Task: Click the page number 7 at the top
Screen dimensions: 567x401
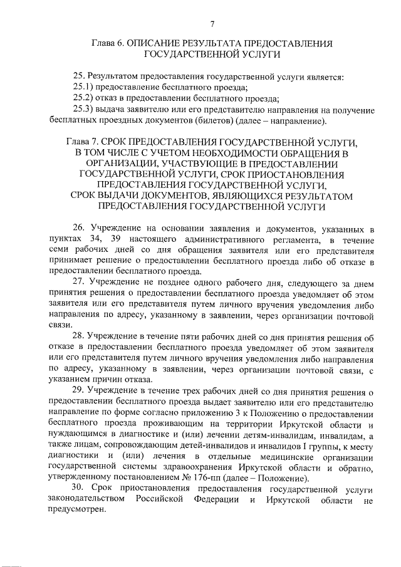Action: (212, 24)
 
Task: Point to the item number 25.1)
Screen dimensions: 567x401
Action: (83, 88)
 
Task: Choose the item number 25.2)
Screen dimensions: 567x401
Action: (83, 98)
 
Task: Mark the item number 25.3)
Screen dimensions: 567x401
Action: (83, 110)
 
